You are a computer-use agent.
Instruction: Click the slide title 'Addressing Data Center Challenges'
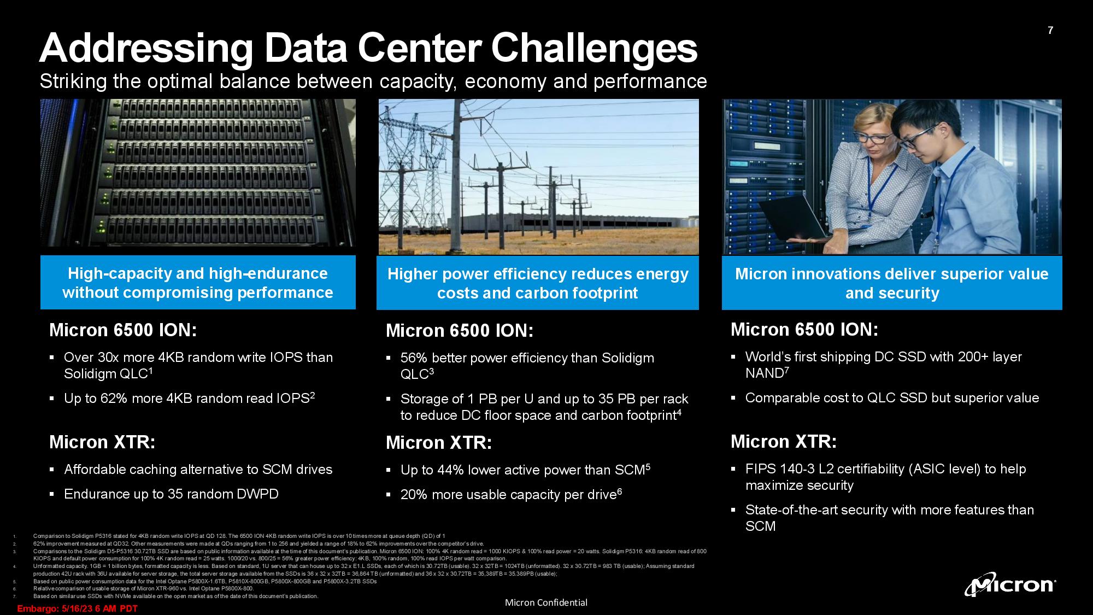[368, 48]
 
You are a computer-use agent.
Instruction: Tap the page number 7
[1050, 31]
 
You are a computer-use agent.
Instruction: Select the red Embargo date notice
[78, 608]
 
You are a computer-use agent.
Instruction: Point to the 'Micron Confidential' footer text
[546, 602]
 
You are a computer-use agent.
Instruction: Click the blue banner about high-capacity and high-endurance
[198, 283]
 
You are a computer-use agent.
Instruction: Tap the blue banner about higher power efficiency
[538, 283]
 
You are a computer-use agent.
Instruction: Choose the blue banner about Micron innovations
[892, 283]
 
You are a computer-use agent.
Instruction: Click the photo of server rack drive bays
[198, 173]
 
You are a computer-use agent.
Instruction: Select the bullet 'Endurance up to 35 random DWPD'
[171, 494]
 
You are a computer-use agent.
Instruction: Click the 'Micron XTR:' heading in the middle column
[439, 443]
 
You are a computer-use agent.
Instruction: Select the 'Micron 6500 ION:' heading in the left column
[123, 330]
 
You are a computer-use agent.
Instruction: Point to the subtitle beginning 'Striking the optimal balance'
[373, 81]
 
